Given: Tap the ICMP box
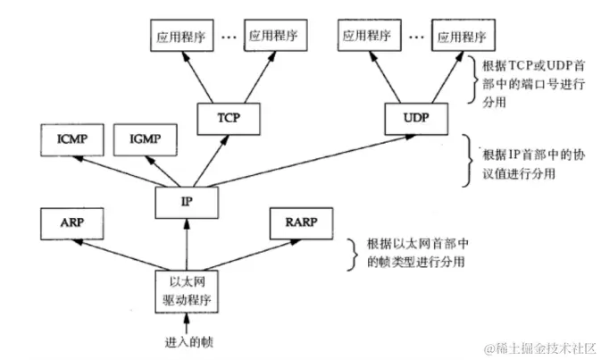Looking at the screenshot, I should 73,140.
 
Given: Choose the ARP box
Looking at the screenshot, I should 73,223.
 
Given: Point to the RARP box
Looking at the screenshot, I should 298,223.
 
